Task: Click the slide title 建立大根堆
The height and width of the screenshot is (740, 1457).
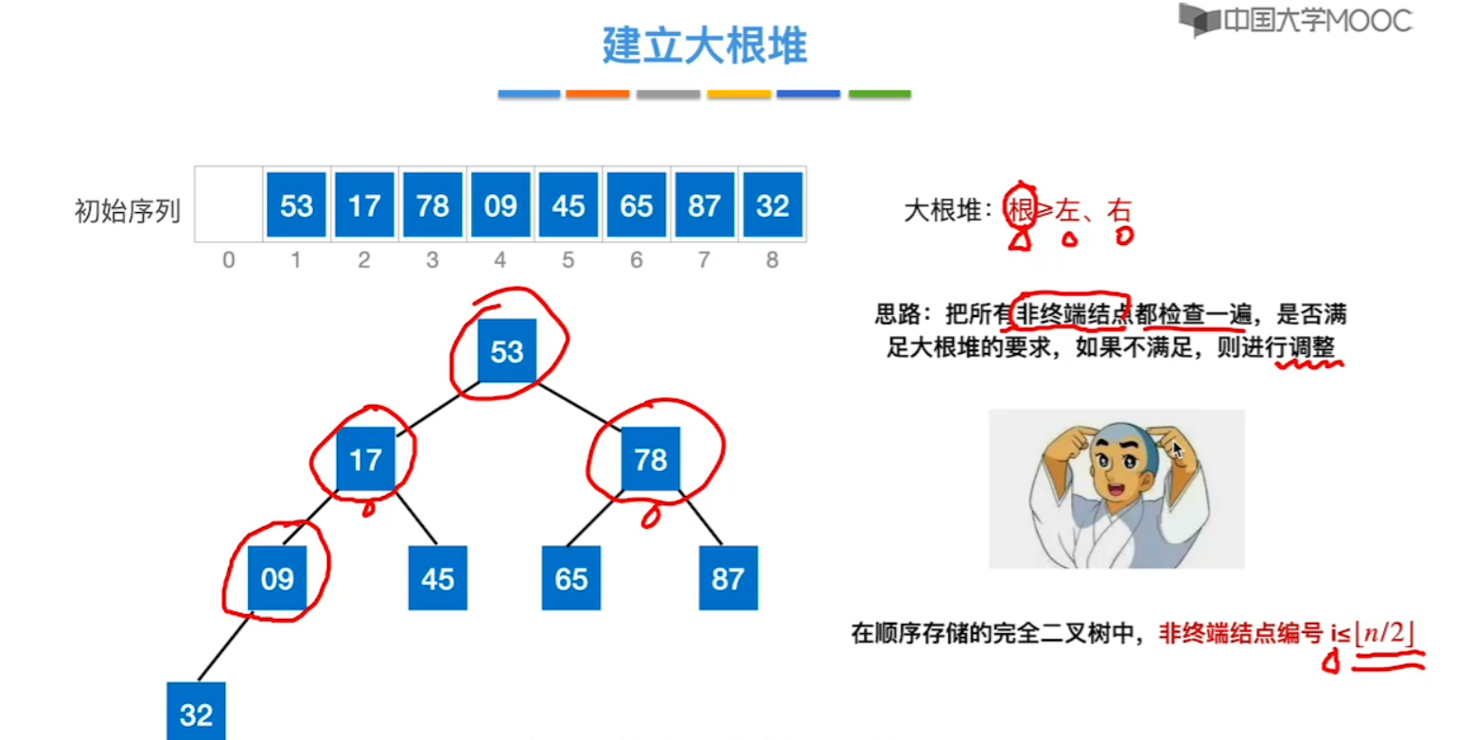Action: [x=704, y=45]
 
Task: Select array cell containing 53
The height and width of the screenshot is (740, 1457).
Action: [x=296, y=205]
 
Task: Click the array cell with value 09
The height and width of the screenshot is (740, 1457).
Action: [x=500, y=205]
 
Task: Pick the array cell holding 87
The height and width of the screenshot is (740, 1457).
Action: [x=705, y=205]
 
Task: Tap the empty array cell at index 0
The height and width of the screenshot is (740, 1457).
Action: [x=229, y=205]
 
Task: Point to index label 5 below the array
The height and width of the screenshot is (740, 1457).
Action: [x=568, y=260]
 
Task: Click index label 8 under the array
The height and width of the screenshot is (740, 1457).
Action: [x=773, y=260]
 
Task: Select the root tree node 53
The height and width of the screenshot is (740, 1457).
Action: [x=507, y=352]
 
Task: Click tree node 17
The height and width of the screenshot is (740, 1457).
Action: [x=365, y=460]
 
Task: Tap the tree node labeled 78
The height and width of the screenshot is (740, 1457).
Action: [x=651, y=460]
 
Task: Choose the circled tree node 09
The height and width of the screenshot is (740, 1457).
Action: [x=277, y=577]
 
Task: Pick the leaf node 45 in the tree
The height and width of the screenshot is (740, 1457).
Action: [x=437, y=577]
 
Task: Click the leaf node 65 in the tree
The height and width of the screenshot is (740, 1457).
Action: [x=571, y=577]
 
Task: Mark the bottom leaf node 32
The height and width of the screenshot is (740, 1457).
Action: [x=197, y=713]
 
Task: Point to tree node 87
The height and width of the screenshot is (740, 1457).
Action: [x=728, y=577]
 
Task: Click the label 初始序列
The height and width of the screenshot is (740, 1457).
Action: [x=127, y=210]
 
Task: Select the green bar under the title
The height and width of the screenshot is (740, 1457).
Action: [x=879, y=95]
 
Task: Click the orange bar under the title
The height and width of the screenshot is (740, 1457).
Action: [x=598, y=95]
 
